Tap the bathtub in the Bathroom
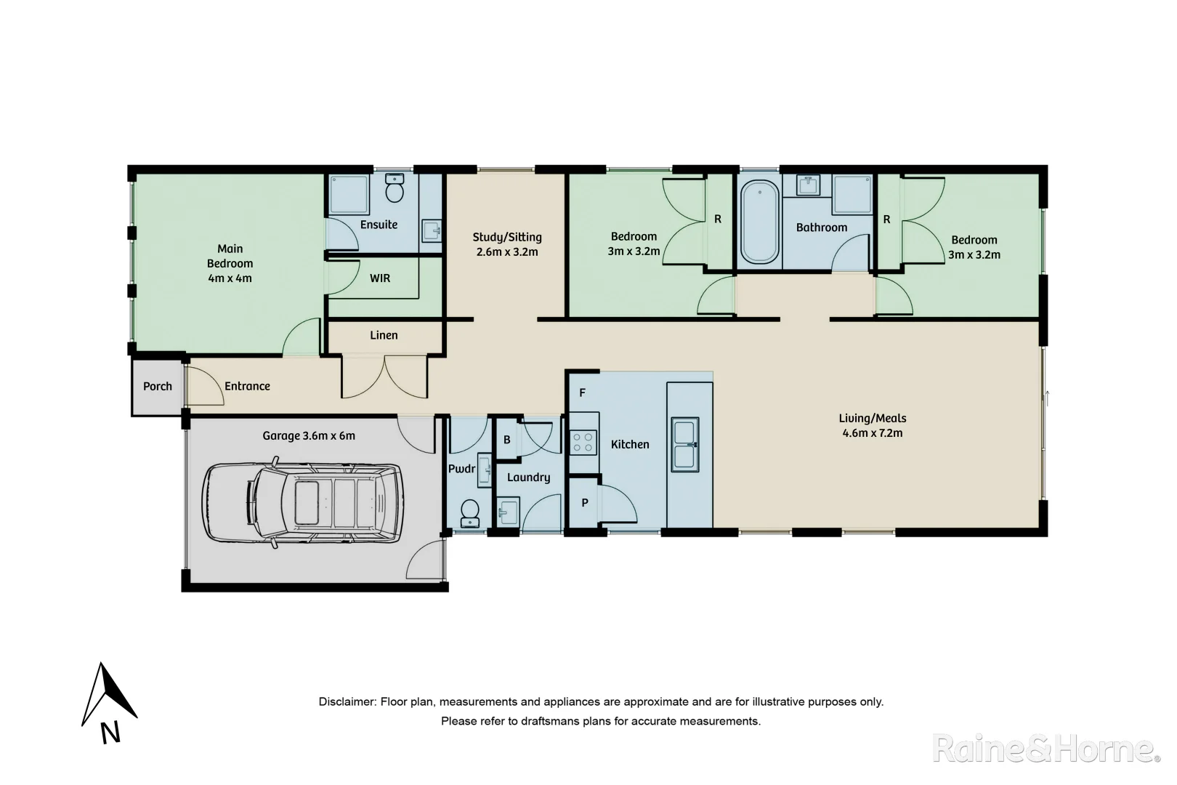click(x=759, y=222)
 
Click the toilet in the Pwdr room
click(x=470, y=512)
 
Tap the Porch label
click(x=158, y=386)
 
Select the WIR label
click(x=380, y=278)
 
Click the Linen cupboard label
click(x=384, y=335)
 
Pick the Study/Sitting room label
click(x=507, y=244)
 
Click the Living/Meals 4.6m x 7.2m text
click(x=872, y=425)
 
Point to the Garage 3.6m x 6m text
click(x=309, y=435)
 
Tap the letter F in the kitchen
click(x=582, y=393)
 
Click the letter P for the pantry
click(x=585, y=502)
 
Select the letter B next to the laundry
click(x=507, y=440)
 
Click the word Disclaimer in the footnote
click(x=346, y=702)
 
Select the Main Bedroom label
click(x=230, y=263)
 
